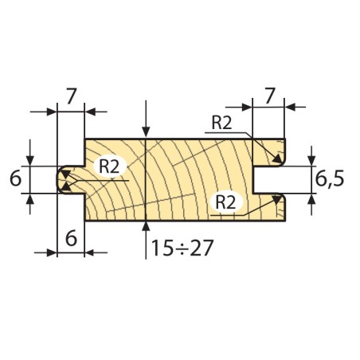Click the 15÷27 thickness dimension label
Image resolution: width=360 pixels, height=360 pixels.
pos(182,248)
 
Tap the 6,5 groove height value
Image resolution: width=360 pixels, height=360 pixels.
pos(330,179)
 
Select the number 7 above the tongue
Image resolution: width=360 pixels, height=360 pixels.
pos(72,96)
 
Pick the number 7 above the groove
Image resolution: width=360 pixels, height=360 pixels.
pos(269,96)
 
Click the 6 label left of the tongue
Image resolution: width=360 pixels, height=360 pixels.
pos(15,178)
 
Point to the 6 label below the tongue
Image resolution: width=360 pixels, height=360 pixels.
pos(71,238)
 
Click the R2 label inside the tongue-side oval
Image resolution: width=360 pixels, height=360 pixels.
pos(109,166)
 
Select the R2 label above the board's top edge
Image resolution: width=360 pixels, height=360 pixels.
pos(222,123)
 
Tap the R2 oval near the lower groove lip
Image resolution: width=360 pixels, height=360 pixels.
pos(226,202)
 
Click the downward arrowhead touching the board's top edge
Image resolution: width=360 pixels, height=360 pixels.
pos(146,132)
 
